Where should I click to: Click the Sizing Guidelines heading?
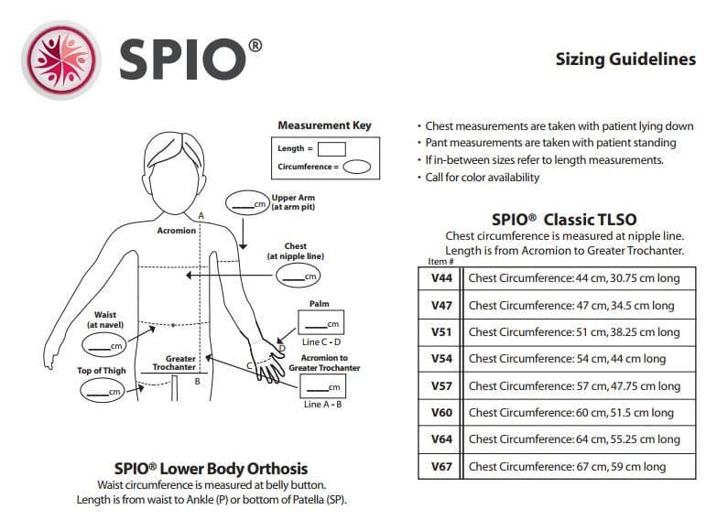tap(625, 60)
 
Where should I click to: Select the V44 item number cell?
tap(441, 278)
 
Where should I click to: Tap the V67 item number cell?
tap(441, 466)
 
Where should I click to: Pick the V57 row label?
tap(441, 385)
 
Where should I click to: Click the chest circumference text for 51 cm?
tap(574, 332)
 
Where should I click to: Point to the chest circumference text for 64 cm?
tap(574, 439)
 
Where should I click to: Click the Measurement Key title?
tap(324, 125)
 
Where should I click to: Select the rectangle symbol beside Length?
tap(331, 148)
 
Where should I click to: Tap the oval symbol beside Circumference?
tap(356, 168)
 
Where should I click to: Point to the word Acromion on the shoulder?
tap(177, 231)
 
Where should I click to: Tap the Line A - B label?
tap(322, 405)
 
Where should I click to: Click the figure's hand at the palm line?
tap(269, 364)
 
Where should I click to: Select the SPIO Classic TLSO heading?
tap(564, 220)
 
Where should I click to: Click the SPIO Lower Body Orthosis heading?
tap(210, 469)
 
